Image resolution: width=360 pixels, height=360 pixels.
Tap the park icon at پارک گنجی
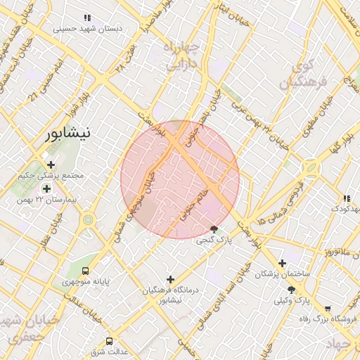[x=214, y=229]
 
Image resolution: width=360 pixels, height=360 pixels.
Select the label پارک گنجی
[x=213, y=240]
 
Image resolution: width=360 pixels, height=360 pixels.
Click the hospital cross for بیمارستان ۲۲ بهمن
[x=46, y=188]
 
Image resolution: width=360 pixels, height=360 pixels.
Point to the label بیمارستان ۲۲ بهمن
[x=46, y=200]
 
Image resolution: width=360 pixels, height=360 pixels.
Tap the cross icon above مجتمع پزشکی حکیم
[x=51, y=165]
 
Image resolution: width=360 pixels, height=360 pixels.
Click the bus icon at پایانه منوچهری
[x=85, y=271]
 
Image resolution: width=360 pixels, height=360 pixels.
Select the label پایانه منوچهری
[x=85, y=282]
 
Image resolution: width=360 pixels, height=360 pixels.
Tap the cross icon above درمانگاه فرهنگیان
[x=170, y=279]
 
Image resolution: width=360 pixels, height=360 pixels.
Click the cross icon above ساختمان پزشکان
[x=282, y=263]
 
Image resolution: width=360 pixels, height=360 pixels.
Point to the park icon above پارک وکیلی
[x=291, y=290]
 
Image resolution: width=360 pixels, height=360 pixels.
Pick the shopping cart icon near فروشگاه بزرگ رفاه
[x=328, y=309]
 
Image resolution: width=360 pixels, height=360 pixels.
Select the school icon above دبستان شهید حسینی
[x=86, y=18]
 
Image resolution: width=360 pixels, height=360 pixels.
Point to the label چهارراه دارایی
[x=183, y=56]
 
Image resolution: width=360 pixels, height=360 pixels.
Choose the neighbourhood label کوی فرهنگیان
[x=304, y=75]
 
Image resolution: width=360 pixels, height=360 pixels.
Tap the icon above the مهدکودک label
[x=346, y=198]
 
